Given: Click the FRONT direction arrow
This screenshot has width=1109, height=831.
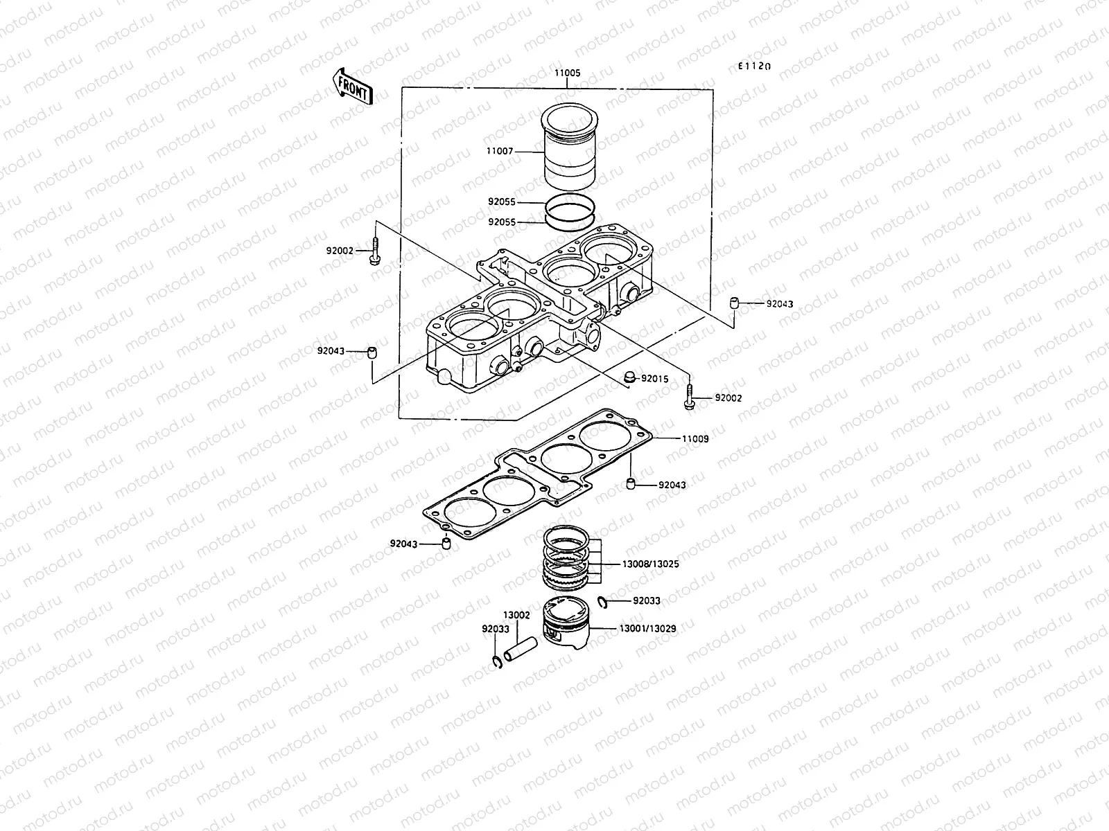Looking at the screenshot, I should (353, 86).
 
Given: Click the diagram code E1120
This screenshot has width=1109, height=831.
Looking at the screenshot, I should (754, 66).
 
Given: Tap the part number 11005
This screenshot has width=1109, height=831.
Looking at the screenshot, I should (567, 73).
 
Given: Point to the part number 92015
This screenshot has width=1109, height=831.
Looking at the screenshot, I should (654, 379).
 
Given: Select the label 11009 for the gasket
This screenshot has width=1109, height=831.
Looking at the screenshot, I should (695, 438).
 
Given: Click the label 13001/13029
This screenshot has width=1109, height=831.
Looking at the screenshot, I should (648, 629).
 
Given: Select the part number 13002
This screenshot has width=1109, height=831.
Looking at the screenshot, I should (516, 615).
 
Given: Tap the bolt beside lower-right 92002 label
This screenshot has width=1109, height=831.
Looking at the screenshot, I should (690, 397).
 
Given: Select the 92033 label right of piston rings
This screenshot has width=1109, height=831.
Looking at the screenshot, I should (647, 602).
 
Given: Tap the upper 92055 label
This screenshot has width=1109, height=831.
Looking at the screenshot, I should (501, 202).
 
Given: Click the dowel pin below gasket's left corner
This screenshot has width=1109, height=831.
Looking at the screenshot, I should (446, 542).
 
